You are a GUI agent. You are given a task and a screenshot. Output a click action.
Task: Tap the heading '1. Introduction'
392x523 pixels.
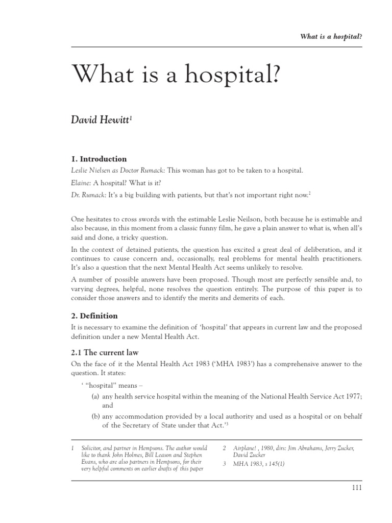coord(99,159)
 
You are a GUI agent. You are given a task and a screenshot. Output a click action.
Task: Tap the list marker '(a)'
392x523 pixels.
coord(95,395)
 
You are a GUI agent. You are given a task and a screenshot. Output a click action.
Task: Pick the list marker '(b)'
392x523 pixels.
coord(95,417)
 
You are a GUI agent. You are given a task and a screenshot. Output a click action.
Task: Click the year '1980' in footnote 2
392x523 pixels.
coord(275,448)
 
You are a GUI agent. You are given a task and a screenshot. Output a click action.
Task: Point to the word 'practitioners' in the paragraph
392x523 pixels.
coord(337,258)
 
